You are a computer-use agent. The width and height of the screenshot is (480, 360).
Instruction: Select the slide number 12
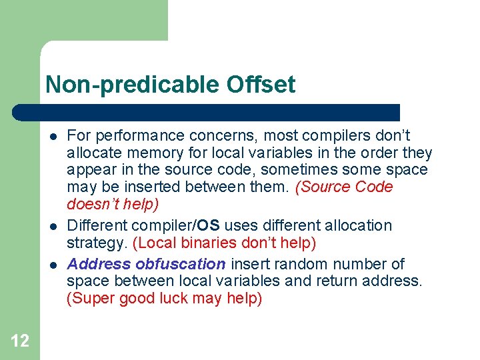tap(20, 341)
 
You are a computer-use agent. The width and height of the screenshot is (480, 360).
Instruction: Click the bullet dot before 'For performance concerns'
tap(51, 136)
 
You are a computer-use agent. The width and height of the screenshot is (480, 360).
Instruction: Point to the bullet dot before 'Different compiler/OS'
tap(51, 227)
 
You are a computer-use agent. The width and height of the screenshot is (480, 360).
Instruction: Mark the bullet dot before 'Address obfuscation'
tap(51, 265)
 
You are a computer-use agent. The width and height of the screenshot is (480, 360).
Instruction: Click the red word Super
tap(91, 299)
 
